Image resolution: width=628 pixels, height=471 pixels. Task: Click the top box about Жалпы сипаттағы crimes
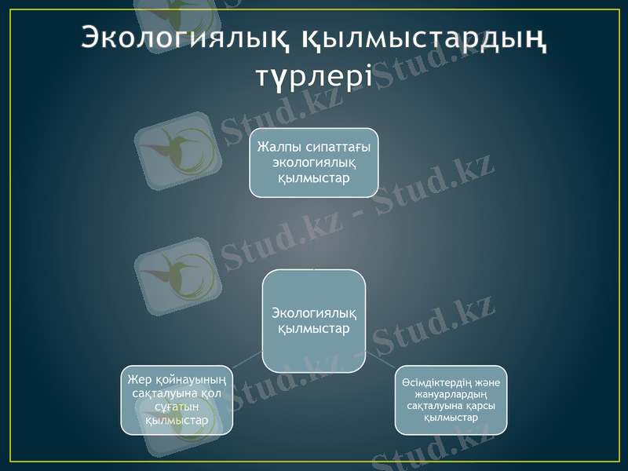(x=314, y=162)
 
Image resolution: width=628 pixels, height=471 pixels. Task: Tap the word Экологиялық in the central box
(x=314, y=313)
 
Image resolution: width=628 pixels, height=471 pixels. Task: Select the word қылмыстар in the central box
(x=314, y=328)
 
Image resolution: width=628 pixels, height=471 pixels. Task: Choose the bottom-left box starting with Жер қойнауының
(x=177, y=400)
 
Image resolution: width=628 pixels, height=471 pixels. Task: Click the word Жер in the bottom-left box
(x=137, y=379)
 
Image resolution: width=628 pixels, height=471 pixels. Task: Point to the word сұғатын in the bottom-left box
(x=177, y=407)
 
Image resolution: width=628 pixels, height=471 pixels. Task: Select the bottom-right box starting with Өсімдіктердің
(x=451, y=400)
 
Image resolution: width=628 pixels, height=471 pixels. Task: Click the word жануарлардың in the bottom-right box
(x=451, y=393)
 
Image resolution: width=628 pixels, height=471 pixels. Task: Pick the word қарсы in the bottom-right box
(x=480, y=405)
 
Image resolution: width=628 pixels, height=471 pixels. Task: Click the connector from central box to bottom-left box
(x=248, y=359)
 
